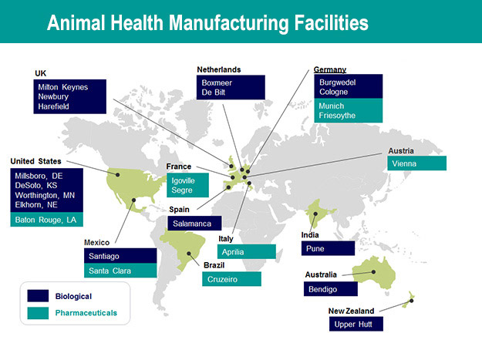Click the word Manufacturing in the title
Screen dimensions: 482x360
coord(229,23)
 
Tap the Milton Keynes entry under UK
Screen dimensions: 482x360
coord(63,87)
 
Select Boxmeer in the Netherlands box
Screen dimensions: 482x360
coord(217,83)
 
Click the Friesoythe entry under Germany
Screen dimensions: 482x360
coord(337,116)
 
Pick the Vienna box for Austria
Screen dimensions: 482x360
coord(416,163)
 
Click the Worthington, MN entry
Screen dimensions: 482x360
coord(45,195)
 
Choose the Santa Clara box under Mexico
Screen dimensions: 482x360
coord(120,271)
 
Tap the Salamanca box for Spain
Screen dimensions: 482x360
coord(194,224)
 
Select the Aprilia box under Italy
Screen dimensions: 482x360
coord(247,252)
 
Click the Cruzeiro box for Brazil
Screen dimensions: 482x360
coord(232,279)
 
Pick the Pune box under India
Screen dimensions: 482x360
coord(328,248)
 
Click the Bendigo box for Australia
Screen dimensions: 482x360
coord(331,289)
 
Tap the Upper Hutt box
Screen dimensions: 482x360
coord(356,324)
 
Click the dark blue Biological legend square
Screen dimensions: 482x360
coord(38,296)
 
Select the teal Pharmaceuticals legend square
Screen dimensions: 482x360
coord(38,313)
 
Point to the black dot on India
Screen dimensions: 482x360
coord(315,214)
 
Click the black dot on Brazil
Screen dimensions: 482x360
coord(189,254)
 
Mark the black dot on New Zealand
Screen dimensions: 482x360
coord(411,301)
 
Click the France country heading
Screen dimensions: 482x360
coord(179,167)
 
